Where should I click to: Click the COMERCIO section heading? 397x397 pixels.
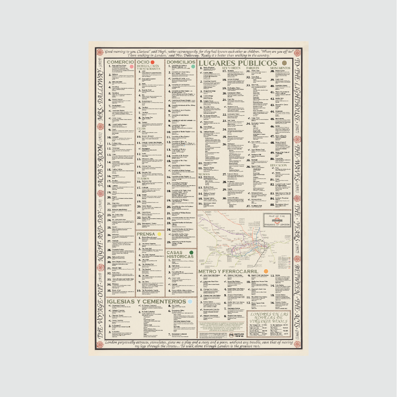click(119, 62)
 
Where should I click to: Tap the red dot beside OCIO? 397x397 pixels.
click(152, 62)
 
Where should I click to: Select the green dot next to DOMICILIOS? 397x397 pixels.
click(193, 67)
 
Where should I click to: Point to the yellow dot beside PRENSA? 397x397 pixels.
click(159, 234)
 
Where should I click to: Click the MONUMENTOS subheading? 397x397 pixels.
click(280, 68)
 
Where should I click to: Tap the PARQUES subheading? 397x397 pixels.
click(253, 68)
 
